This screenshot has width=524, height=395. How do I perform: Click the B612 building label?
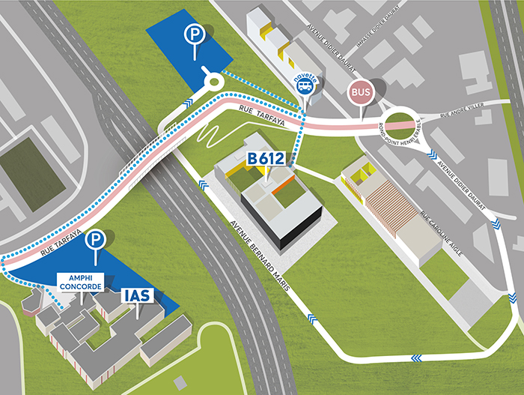click(267, 159)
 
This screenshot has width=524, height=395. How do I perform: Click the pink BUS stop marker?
click(361, 94)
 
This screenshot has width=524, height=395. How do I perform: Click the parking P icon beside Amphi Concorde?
click(95, 240)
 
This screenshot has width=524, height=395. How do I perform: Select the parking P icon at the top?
click(195, 34)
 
